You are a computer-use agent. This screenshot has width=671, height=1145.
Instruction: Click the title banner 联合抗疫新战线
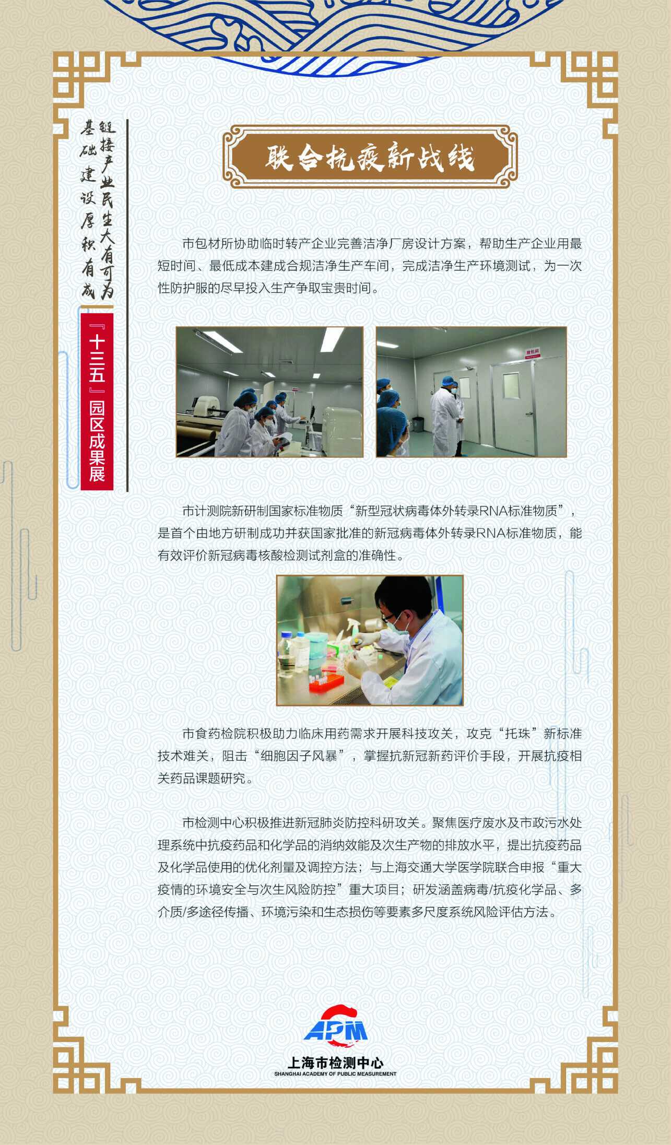click(370, 157)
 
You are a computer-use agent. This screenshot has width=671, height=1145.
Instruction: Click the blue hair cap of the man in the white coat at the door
click(447, 381)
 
